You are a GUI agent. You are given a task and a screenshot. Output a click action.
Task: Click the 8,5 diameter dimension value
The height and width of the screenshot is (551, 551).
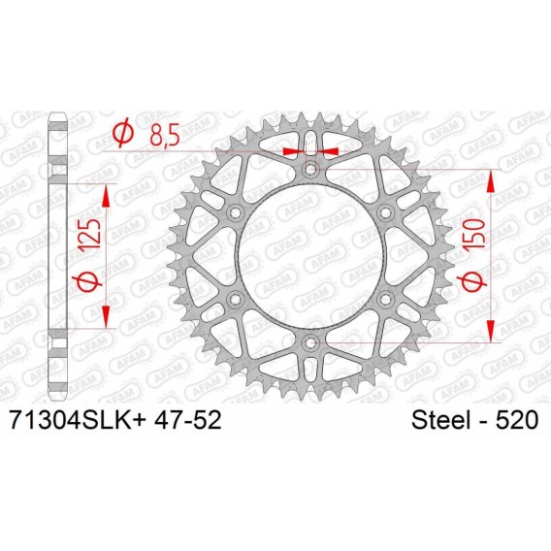[x=165, y=135]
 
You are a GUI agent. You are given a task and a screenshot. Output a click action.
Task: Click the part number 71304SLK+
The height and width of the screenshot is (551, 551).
[x=79, y=420]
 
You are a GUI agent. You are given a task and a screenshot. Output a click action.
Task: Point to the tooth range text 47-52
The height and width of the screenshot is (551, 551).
[x=187, y=420]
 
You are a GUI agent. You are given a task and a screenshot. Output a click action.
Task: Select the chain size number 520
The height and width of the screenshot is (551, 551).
[x=516, y=420]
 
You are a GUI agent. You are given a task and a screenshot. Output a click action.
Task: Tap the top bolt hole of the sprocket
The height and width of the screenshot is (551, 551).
[x=310, y=170]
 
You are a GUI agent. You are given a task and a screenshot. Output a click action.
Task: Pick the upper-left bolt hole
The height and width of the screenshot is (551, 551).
[x=235, y=212]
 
